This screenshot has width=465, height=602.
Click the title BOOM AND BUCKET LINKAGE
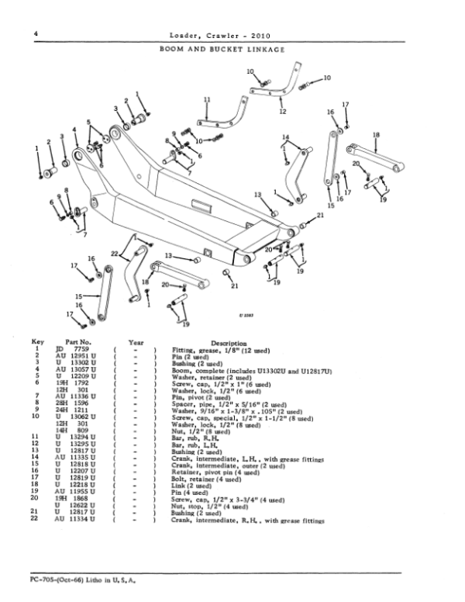pos(222,48)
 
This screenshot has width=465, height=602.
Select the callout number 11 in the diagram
pos(207,99)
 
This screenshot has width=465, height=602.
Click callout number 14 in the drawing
pos(285,137)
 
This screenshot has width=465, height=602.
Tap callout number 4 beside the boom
pos(74,130)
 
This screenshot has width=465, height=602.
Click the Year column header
pos(136,341)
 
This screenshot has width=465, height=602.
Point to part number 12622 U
pos(83,507)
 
